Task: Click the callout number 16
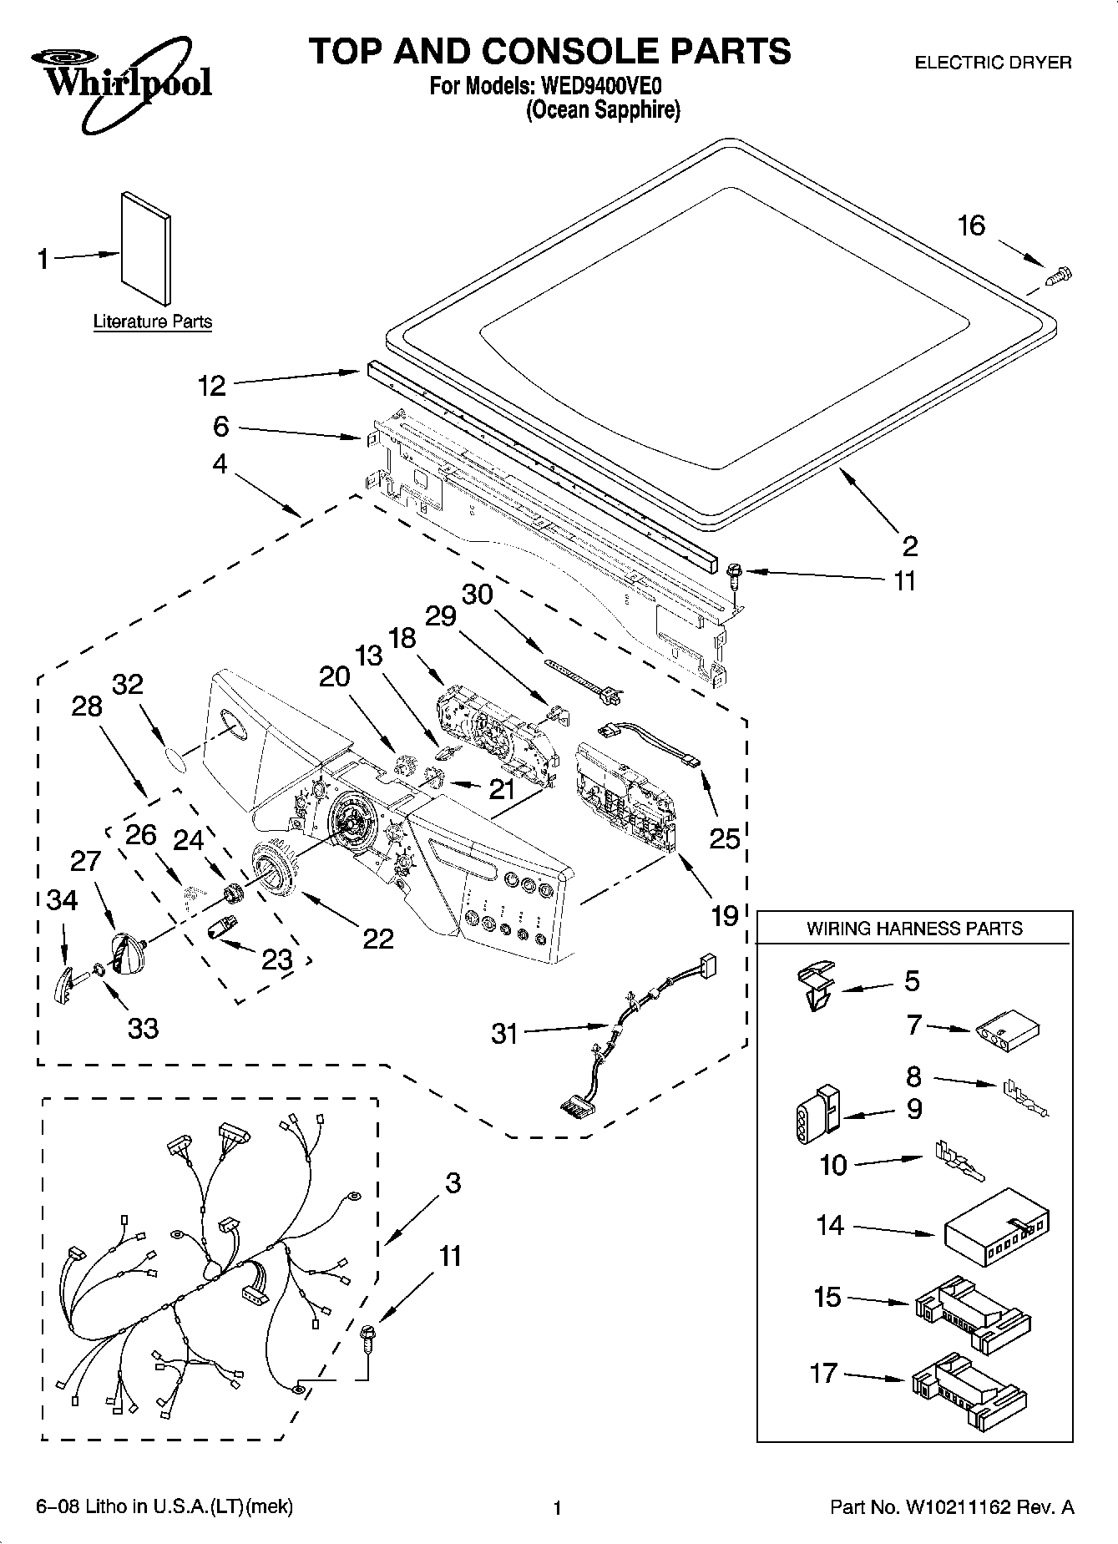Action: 971,225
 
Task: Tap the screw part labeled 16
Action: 1059,275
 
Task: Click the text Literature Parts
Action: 152,321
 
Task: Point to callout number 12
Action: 211,386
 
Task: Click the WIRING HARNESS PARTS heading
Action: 914,928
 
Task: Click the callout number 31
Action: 504,1034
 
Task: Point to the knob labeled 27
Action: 129,953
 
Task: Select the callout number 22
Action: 377,939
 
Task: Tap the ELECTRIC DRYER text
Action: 993,63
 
